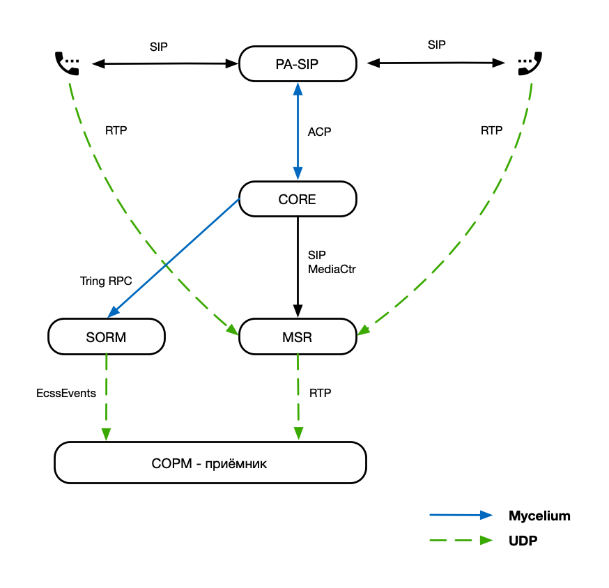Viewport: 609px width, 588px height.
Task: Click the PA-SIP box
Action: coord(298,64)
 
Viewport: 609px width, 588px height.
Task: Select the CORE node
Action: coord(298,199)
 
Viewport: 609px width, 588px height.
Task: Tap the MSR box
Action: coord(298,337)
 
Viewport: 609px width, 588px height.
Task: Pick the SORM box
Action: coord(107,337)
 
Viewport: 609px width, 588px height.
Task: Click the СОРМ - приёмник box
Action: coord(210,463)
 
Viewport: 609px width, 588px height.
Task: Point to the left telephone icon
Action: coord(68,63)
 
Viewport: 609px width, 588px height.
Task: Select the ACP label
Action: coord(319,132)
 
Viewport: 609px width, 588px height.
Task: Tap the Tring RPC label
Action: coord(106,281)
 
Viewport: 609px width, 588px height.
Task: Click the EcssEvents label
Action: coord(66,393)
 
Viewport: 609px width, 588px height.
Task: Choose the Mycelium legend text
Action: coord(539,516)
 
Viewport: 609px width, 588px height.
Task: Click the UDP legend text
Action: coord(523,541)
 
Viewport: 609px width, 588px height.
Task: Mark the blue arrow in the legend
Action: coord(461,516)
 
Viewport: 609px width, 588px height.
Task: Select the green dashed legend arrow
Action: coord(461,540)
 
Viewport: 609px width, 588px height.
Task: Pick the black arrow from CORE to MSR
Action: coord(298,265)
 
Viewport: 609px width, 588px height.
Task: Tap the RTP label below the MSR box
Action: coord(321,393)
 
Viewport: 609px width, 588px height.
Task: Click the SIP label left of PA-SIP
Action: coord(159,47)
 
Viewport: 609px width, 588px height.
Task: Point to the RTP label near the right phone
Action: coord(491,130)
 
